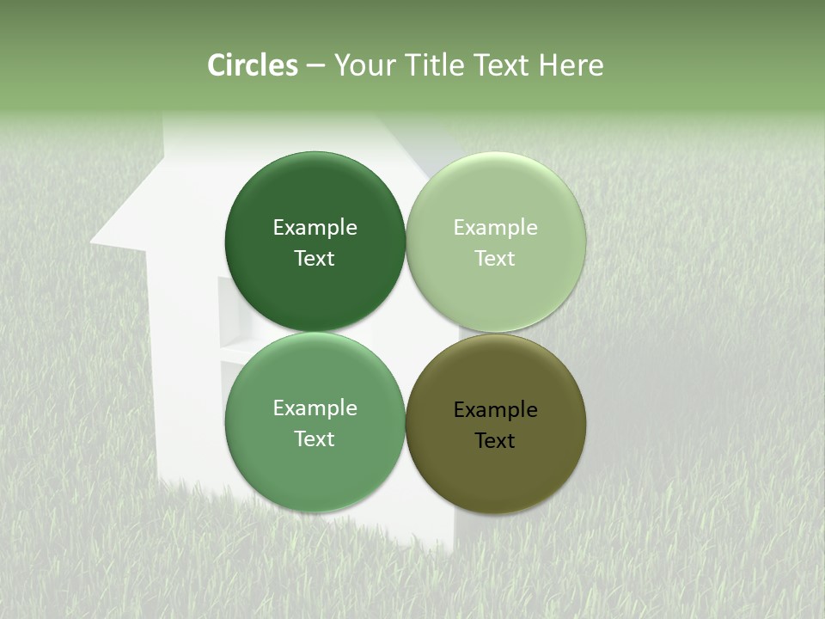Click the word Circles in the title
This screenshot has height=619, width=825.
coord(252,65)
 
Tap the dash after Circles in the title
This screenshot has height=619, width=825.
coord(315,66)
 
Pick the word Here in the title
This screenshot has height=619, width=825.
coord(571,65)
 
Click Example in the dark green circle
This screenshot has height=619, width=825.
coord(315,228)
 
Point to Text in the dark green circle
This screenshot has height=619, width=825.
coord(315,259)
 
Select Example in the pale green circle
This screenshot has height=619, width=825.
coord(495,228)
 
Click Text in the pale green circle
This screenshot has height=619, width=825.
coord(495,259)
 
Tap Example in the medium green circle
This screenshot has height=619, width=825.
coord(315,408)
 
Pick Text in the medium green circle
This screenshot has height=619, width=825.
coord(315,439)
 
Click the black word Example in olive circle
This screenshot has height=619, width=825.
coord(495,410)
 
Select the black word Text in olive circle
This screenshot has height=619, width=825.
coord(495,441)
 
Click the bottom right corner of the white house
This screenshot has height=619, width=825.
coord(454,547)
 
